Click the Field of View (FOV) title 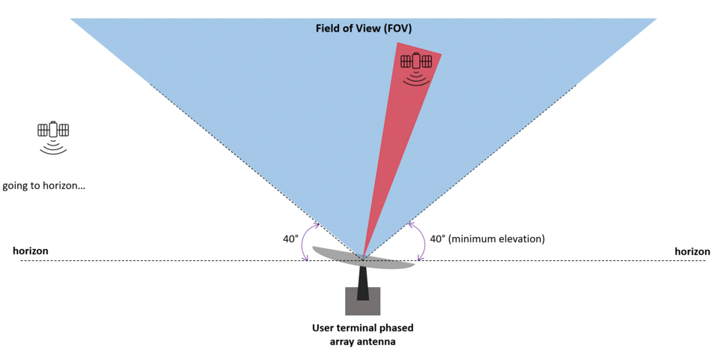(363, 28)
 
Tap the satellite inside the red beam (415, 61)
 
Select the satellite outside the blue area (53, 130)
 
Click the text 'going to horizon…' (44, 185)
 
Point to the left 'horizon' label (31, 250)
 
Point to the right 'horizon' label (691, 251)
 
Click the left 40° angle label (291, 238)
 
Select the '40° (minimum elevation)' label (487, 238)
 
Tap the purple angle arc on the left (308, 240)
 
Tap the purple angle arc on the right (418, 240)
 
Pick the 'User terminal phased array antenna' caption (363, 334)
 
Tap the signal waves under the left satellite (53, 147)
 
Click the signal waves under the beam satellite (416, 78)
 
